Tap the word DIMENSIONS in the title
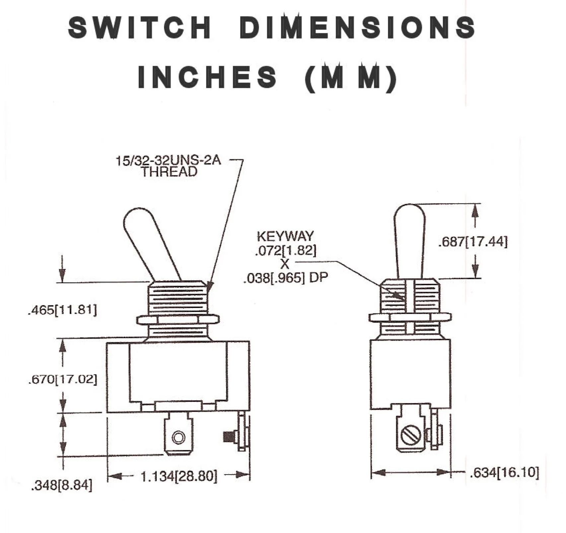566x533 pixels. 357,27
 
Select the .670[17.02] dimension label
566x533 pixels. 63,379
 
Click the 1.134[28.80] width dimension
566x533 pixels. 179,476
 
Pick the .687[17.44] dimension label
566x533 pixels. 473,241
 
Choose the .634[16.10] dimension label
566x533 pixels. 504,473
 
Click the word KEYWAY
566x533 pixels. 285,236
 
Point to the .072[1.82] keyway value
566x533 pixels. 286,250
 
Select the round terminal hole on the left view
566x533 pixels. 178,437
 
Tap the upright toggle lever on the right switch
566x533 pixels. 409,241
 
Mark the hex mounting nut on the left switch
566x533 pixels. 178,319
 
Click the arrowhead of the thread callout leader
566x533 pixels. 209,286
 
